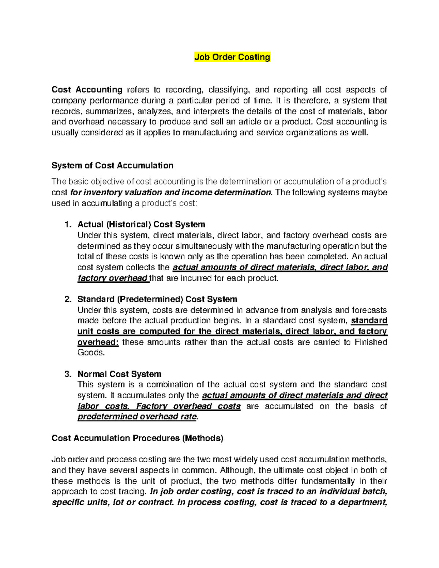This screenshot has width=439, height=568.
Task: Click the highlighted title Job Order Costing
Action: pyautogui.click(x=232, y=57)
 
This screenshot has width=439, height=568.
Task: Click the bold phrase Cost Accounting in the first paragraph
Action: pyautogui.click(x=87, y=90)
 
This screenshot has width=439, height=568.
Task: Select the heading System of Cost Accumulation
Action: pyautogui.click(x=112, y=166)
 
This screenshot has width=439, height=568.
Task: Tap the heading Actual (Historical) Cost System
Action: pyautogui.click(x=141, y=224)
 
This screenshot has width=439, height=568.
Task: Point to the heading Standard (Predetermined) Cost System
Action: pyautogui.click(x=157, y=299)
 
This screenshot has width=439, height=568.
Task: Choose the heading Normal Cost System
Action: pyautogui.click(x=119, y=374)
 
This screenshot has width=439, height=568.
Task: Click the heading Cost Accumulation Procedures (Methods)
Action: pyautogui.click(x=137, y=438)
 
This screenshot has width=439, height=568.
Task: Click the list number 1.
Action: pyautogui.click(x=67, y=224)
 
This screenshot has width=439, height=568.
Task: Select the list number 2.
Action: pyautogui.click(x=67, y=299)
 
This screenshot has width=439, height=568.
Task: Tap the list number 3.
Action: pyautogui.click(x=67, y=374)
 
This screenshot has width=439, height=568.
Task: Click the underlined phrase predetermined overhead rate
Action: pyautogui.click(x=137, y=417)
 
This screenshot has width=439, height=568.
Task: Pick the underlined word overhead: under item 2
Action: pyautogui.click(x=98, y=342)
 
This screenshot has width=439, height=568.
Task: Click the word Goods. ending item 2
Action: pyautogui.click(x=91, y=353)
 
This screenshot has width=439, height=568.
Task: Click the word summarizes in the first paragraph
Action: pyautogui.click(x=110, y=111)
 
